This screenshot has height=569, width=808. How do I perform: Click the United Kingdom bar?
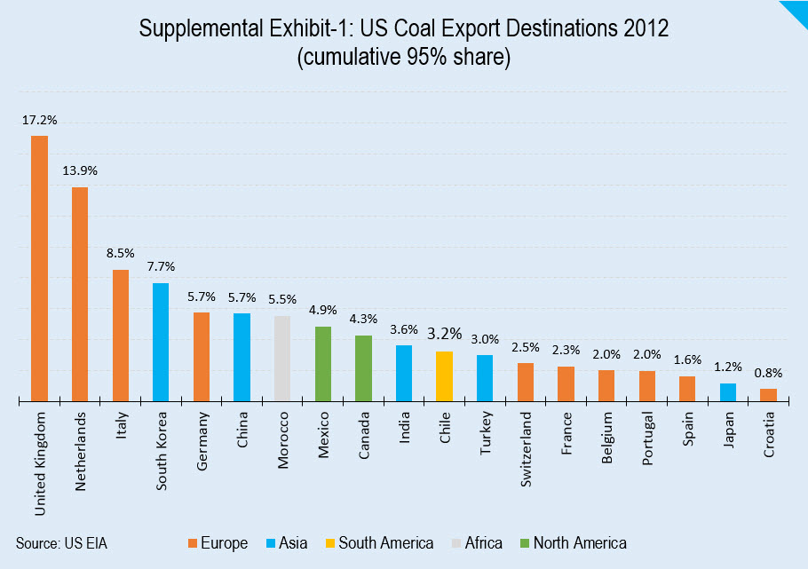[39, 268]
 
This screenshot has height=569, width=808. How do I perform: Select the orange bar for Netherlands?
[80, 294]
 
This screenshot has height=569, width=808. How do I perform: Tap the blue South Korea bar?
[161, 342]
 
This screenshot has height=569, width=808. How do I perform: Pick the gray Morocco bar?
[282, 359]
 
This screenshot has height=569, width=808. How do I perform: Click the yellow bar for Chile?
[444, 376]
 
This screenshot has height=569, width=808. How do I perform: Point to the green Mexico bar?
[323, 364]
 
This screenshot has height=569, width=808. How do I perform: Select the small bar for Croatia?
[768, 395]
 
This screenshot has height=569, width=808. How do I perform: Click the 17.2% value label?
[39, 118]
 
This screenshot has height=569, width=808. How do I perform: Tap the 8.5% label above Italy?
[120, 252]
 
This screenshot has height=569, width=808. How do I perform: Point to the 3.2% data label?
[444, 334]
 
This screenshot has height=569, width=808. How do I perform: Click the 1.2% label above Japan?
[727, 366]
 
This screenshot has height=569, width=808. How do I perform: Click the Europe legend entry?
[217, 543]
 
